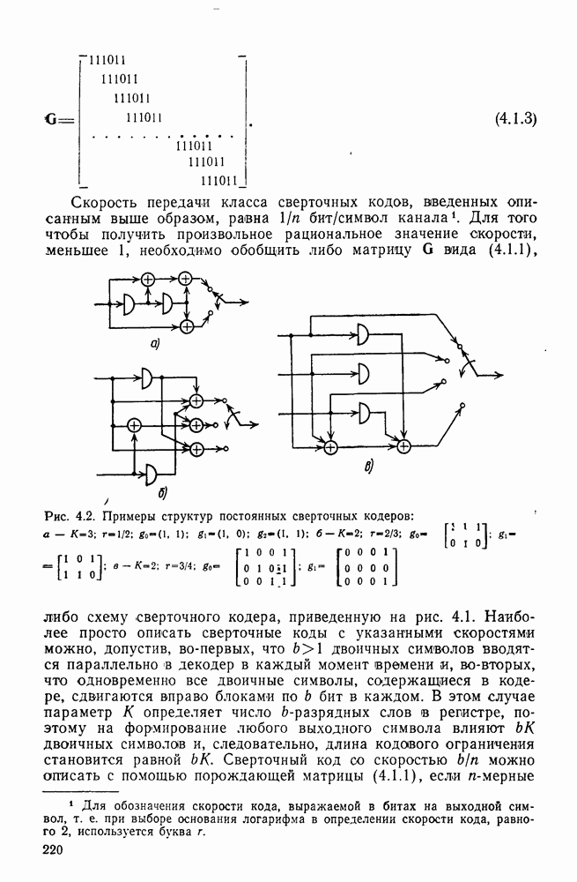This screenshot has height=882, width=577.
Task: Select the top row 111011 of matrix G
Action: click(x=107, y=60)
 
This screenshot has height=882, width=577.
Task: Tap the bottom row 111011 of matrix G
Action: click(x=220, y=180)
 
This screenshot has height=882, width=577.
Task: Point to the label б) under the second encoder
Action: click(x=164, y=490)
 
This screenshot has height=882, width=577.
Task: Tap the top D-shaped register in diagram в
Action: click(x=364, y=333)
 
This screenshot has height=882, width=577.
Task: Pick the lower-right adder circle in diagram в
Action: click(x=403, y=446)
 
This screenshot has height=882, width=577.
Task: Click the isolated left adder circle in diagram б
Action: click(x=134, y=426)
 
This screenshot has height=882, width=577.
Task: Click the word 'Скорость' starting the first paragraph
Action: click(x=107, y=201)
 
